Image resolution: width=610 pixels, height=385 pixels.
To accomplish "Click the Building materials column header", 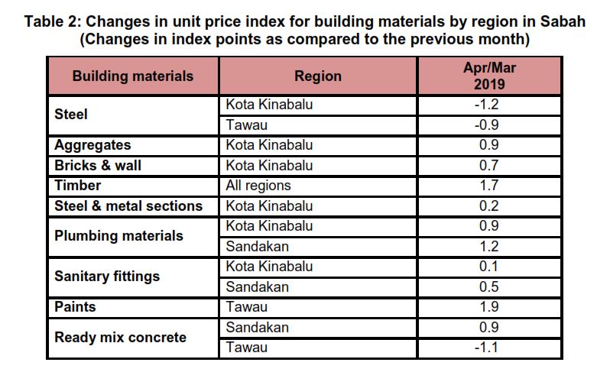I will click(x=133, y=76).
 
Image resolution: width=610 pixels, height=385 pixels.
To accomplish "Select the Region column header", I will click(x=318, y=76).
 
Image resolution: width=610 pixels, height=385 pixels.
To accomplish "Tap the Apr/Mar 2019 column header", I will click(x=490, y=76).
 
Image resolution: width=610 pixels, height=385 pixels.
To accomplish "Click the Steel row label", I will click(x=71, y=115).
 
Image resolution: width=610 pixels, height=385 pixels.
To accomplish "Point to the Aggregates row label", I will click(x=92, y=145).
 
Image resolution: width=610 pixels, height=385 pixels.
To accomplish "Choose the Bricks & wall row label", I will click(x=98, y=165).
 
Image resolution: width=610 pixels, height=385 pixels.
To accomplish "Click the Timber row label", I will click(x=77, y=186).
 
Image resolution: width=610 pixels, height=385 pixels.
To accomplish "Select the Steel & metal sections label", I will click(x=128, y=205).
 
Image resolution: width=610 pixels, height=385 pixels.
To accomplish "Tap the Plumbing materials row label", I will click(x=118, y=236).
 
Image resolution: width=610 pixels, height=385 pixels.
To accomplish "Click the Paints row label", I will click(x=75, y=307).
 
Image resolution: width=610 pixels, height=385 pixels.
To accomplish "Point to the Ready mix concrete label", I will click(x=120, y=338).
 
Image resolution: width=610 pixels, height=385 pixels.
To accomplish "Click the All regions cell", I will click(x=258, y=186).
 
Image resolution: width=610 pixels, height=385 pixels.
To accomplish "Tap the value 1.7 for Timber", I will click(x=490, y=186).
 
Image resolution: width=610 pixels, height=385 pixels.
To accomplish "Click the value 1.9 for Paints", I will click(x=490, y=307).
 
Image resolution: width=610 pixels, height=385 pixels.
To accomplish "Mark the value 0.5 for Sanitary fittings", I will click(x=490, y=287).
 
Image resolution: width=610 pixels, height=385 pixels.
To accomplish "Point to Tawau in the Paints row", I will click(x=245, y=307).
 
